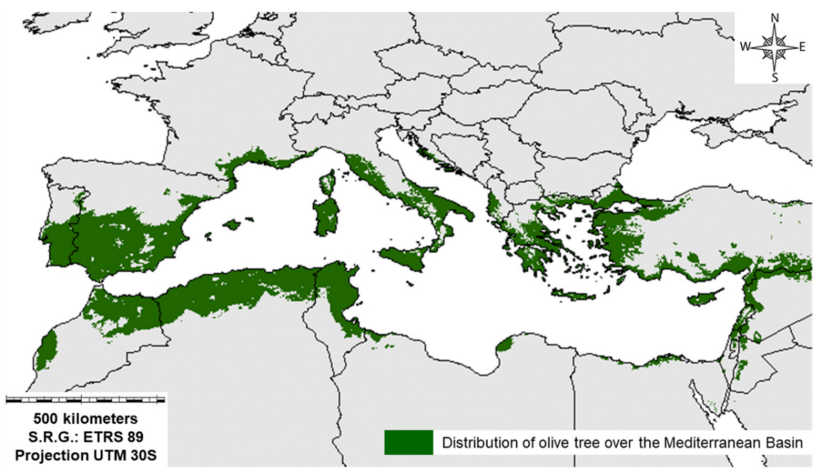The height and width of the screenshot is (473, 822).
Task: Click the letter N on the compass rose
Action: (x=775, y=18)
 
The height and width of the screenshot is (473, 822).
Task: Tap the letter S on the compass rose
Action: (x=775, y=78)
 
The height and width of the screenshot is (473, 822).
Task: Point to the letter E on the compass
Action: (x=802, y=47)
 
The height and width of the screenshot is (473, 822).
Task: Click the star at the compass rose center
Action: (x=774, y=47)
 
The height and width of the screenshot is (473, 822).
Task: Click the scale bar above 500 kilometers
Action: (x=85, y=400)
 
